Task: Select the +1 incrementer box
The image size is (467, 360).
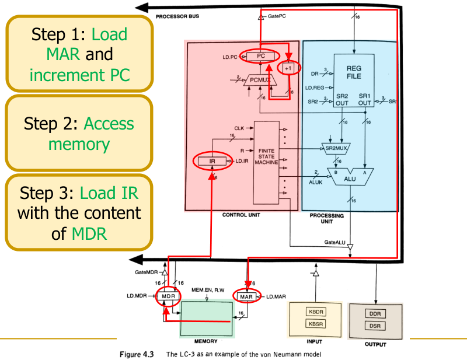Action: click(x=288, y=68)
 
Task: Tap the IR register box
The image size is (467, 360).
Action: click(x=212, y=160)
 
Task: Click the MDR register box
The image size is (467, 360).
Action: click(x=169, y=296)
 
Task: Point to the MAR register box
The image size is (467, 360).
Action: click(x=245, y=296)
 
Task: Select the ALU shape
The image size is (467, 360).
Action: click(x=350, y=176)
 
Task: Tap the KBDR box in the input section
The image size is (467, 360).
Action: click(x=315, y=311)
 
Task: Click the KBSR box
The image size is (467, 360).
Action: click(x=315, y=323)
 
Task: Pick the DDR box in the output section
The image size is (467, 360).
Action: click(x=375, y=314)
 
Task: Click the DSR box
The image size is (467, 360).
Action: click(x=375, y=327)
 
